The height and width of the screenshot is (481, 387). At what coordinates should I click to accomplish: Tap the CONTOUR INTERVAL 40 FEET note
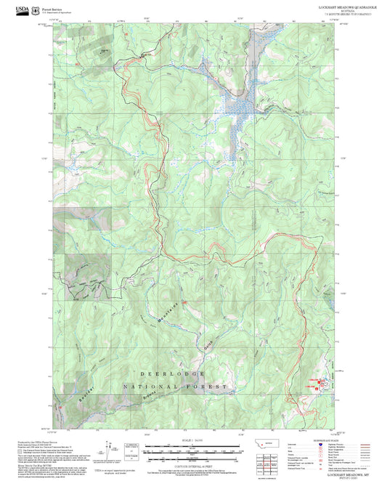[x=192, y=464]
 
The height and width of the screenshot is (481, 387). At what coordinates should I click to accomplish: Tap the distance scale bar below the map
[x=192, y=449]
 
